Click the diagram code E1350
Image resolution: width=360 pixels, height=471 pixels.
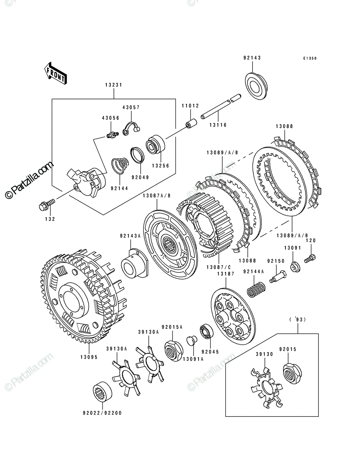310,58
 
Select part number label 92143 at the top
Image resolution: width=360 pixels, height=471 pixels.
252,58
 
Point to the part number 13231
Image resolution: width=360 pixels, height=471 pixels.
113,85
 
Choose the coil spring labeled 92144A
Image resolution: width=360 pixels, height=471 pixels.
256,289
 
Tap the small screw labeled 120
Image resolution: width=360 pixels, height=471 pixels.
310,258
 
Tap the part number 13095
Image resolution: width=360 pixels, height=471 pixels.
89,357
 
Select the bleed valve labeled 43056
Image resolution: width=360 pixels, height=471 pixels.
112,135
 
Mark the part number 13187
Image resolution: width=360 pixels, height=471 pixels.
226,274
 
